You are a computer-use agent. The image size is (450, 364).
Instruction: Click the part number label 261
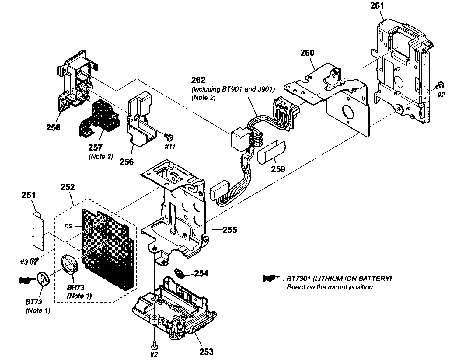click(378, 6)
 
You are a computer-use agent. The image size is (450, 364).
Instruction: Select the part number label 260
click(307, 53)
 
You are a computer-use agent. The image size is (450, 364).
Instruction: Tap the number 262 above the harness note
click(198, 81)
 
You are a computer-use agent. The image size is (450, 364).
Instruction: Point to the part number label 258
click(53, 127)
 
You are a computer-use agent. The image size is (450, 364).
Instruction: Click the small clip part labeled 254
click(180, 273)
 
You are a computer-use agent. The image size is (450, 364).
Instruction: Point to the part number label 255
click(230, 230)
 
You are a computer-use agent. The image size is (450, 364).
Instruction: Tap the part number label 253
click(206, 352)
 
